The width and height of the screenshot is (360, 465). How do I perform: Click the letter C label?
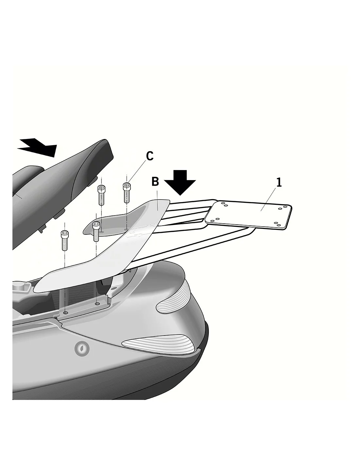pyautogui.click(x=150, y=156)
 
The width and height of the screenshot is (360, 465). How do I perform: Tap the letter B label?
pyautogui.click(x=155, y=181)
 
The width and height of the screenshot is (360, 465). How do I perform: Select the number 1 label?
pyautogui.click(x=279, y=182)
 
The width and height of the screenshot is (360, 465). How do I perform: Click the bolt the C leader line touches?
pyautogui.click(x=127, y=193)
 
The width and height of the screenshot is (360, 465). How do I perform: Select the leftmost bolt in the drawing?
pyautogui.click(x=64, y=240)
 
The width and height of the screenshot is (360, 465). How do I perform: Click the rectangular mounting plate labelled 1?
pyautogui.click(x=248, y=215)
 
